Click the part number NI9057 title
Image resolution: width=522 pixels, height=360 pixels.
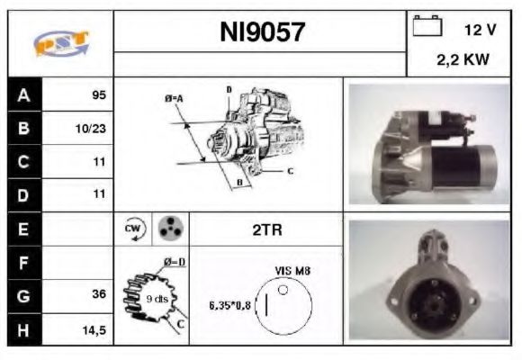262,33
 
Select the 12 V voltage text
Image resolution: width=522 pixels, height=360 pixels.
480,30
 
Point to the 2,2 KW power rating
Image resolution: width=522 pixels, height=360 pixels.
463,61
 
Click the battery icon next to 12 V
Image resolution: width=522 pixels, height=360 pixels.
426,28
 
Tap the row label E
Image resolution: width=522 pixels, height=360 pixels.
24,229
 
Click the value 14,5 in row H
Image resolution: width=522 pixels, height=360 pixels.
94,329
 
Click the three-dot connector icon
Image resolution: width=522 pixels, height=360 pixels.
168,229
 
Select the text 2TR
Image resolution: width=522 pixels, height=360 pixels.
266,230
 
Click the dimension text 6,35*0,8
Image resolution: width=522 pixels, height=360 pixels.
230,304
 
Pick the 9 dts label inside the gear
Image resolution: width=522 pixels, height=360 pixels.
156,299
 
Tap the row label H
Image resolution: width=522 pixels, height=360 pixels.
24,329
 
